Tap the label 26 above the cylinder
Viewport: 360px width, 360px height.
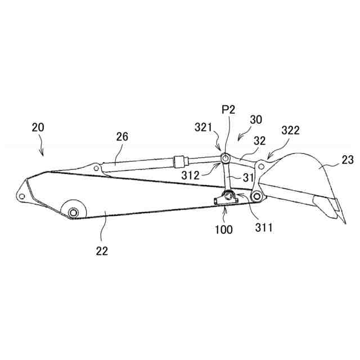[123, 137]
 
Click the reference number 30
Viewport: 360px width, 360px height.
[256, 119]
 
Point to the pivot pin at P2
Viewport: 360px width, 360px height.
[223, 158]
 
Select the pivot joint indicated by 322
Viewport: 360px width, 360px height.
[261, 165]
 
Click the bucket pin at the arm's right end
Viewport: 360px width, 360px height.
[257, 196]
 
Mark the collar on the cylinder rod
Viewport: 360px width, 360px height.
[179, 161]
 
